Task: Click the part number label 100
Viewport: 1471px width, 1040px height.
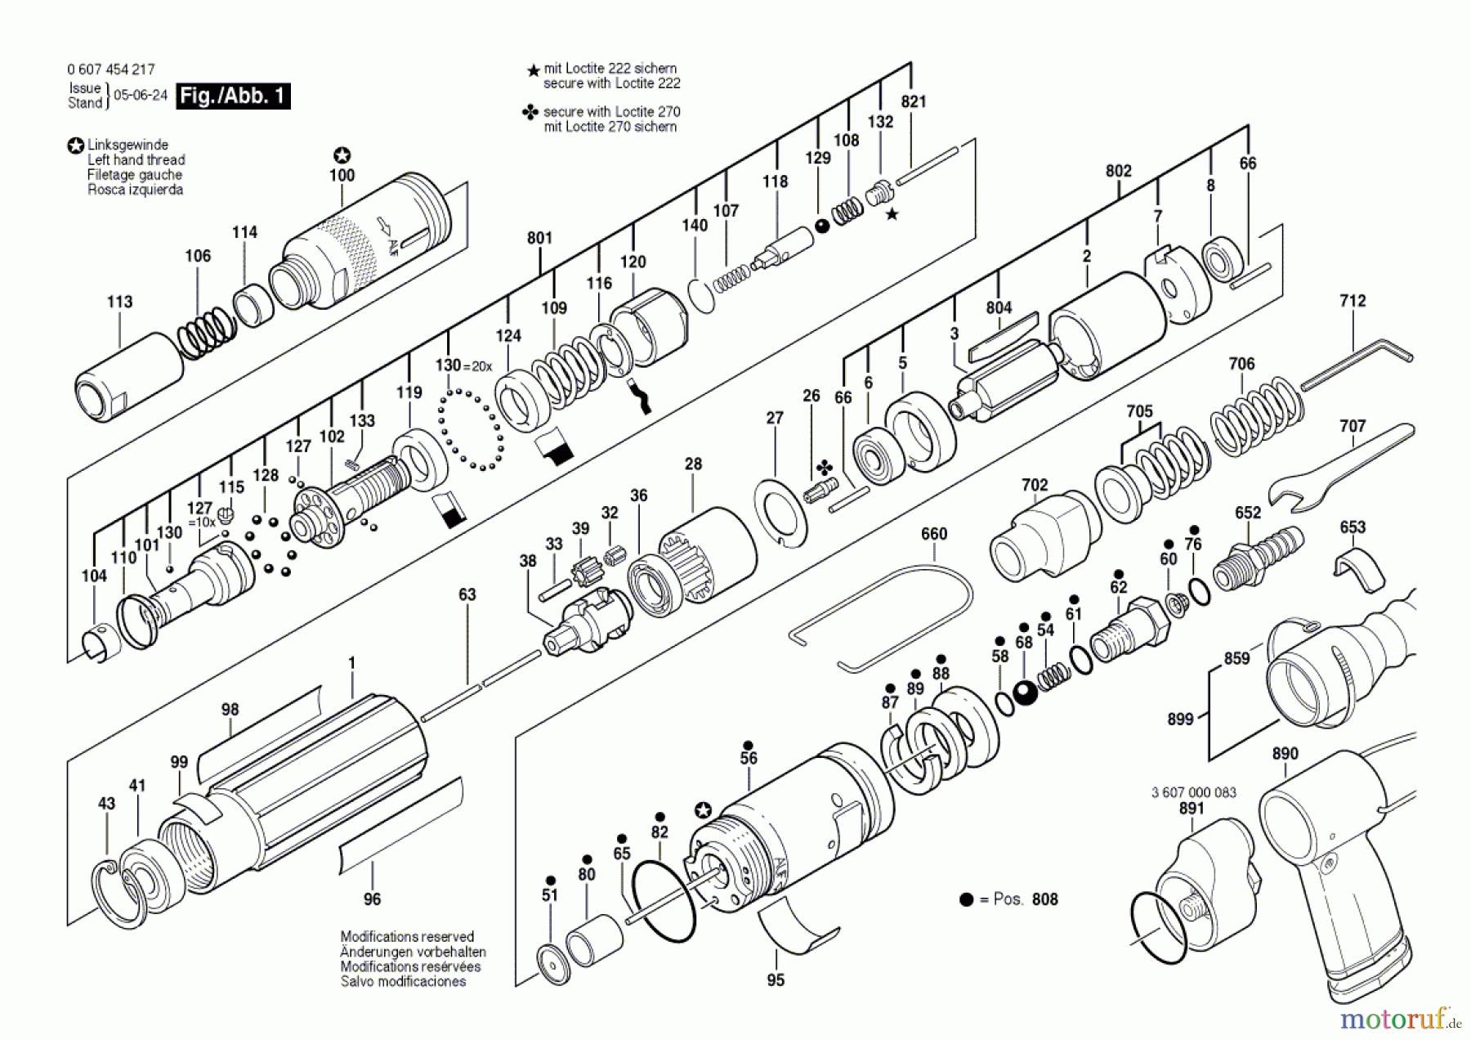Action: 342,175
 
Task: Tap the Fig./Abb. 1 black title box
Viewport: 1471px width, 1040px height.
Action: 233,96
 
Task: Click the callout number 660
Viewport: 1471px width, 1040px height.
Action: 934,534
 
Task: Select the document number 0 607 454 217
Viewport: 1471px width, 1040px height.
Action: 111,69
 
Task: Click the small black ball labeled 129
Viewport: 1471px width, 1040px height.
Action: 822,226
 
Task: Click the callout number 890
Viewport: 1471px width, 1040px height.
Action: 1285,754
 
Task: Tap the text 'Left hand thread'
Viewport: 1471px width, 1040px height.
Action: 136,160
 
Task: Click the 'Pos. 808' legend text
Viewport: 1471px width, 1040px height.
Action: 1025,899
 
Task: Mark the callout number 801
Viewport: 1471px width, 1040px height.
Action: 539,238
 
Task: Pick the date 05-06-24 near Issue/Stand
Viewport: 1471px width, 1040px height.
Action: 141,95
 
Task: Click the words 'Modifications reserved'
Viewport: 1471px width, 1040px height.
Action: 407,937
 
